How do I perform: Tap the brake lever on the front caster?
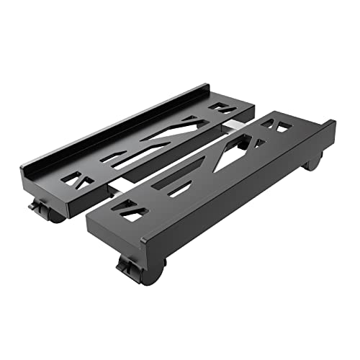point(127,269)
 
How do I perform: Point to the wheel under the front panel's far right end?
point(313,162)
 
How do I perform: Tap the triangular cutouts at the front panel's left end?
point(133,210)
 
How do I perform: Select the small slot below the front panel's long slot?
point(179,189)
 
